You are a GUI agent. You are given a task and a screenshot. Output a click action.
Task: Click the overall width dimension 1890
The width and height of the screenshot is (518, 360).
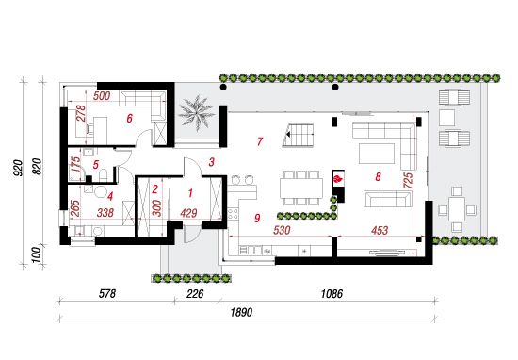pyautogui.click(x=241, y=312)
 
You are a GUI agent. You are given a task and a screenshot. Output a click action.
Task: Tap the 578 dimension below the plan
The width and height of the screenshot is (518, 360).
pyautogui.click(x=107, y=293)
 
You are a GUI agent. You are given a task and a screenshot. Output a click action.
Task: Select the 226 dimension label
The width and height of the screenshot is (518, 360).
pyautogui.click(x=195, y=293)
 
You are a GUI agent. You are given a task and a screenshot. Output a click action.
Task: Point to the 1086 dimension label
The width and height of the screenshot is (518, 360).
pyautogui.click(x=332, y=293)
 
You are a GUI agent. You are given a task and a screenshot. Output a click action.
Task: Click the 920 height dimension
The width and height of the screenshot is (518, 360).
pyautogui.click(x=18, y=168)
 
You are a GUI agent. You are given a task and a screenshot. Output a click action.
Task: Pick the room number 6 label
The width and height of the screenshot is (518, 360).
pyautogui.click(x=130, y=118)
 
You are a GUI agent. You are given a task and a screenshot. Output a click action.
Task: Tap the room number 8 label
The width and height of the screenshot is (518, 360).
pyautogui.click(x=378, y=176)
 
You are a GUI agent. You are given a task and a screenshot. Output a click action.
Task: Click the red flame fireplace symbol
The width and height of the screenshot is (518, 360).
pyautogui.click(x=338, y=179)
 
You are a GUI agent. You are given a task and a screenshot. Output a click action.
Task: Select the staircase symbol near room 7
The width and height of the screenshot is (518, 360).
pyautogui.click(x=298, y=135)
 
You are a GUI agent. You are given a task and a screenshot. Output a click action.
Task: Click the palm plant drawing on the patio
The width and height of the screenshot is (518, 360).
pyautogui.click(x=196, y=113)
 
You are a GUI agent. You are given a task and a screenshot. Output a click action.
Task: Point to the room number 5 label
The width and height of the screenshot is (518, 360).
pyautogui.click(x=96, y=164)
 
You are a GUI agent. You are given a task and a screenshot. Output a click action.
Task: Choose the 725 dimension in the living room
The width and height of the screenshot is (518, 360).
pyautogui.click(x=408, y=180)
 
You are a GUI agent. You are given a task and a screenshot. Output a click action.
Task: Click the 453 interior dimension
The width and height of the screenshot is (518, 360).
pyautogui.click(x=380, y=230)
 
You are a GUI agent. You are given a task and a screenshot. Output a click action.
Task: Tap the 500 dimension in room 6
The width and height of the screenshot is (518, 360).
pyautogui.click(x=102, y=96)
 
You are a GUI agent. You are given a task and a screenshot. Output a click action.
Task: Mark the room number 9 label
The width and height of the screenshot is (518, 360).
pyautogui.click(x=257, y=218)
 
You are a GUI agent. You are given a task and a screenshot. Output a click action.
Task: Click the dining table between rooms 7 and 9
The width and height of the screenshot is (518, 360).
pyautogui.click(x=301, y=188)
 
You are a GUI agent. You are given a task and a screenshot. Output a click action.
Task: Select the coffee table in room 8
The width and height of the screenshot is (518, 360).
pyautogui.click(x=377, y=154)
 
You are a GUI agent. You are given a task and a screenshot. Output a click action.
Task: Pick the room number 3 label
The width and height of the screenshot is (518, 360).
pyautogui.click(x=211, y=162)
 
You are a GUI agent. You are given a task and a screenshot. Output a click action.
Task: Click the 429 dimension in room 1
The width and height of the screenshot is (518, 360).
pyautogui.click(x=188, y=213)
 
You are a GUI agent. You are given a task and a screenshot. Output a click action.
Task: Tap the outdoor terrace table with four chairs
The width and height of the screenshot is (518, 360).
pyautogui.click(x=457, y=209)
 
